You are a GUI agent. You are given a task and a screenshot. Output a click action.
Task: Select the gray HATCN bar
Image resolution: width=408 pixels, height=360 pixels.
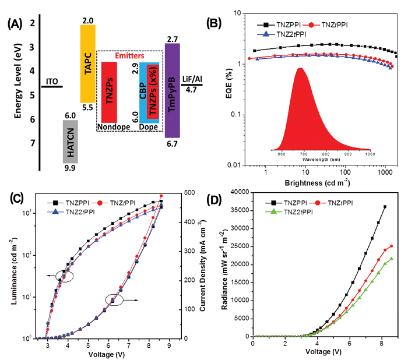coord(71,141)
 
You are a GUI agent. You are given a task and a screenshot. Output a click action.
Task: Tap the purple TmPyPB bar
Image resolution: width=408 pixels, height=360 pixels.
coord(173,90)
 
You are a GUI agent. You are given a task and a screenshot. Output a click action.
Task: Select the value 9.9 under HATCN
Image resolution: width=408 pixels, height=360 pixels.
coord(71,168)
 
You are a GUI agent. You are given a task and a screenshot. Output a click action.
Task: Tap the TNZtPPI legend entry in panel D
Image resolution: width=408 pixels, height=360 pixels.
coord(331,202)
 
